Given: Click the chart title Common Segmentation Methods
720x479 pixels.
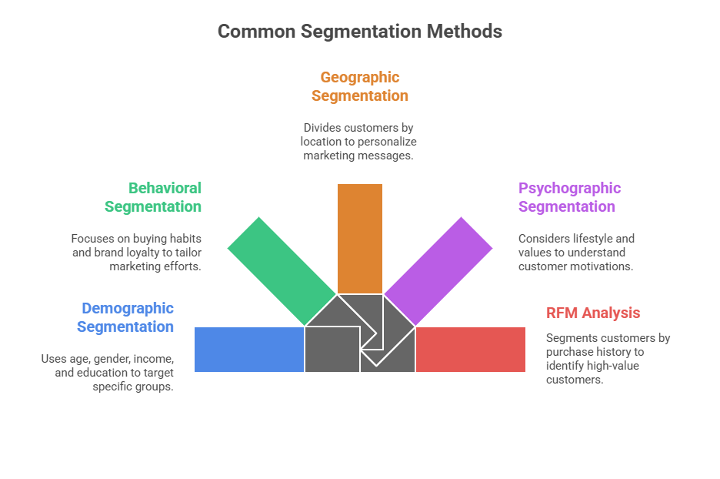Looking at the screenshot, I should click(359, 32).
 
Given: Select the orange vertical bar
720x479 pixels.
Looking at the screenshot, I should click(360, 238).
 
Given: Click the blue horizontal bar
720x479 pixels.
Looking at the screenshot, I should click(249, 349).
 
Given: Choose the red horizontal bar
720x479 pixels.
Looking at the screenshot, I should click(470, 349).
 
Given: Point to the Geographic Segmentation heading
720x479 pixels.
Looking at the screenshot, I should click(359, 86).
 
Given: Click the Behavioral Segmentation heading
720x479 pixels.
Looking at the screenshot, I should click(153, 197).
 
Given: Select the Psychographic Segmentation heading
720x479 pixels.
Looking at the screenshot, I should click(569, 197).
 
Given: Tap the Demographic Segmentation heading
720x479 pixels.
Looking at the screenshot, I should click(126, 317).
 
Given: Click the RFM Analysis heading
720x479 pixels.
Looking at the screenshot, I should click(593, 313).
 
